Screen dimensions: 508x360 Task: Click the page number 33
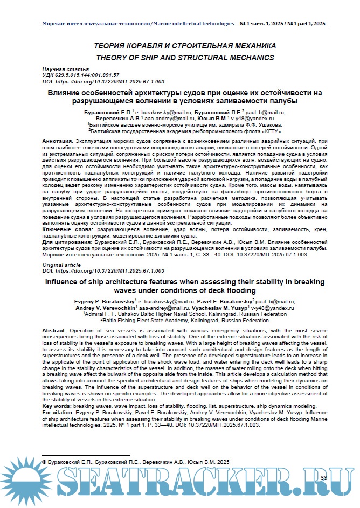pyautogui.click(x=323, y=478)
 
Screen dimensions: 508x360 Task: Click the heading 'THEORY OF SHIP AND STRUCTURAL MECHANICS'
pyautogui.click(x=184, y=58)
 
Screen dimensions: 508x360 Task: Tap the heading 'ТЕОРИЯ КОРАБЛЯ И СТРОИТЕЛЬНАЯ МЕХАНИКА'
pyautogui.click(x=184, y=46)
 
